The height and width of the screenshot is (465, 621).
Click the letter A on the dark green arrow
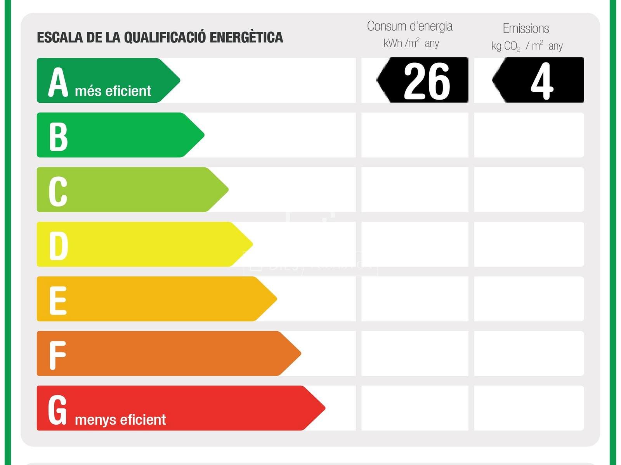pyautogui.click(x=58, y=82)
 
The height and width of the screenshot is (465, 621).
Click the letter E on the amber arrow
pyautogui.click(x=58, y=300)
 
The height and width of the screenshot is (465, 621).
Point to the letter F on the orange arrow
pyautogui.click(x=57, y=355)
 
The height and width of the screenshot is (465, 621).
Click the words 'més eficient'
pyautogui.click(x=113, y=91)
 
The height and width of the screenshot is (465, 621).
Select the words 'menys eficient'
pyautogui.click(x=120, y=420)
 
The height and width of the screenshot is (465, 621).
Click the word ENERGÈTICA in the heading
pyautogui.click(x=246, y=38)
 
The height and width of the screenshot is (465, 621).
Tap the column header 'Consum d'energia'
pyautogui.click(x=409, y=26)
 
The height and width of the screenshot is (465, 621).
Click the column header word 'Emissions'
pyautogui.click(x=526, y=29)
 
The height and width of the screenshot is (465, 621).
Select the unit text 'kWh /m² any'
pyautogui.click(x=411, y=43)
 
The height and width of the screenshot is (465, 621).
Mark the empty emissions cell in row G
pyautogui.click(x=529, y=408)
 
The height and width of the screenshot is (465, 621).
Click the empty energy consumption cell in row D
pyautogui.click(x=415, y=244)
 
